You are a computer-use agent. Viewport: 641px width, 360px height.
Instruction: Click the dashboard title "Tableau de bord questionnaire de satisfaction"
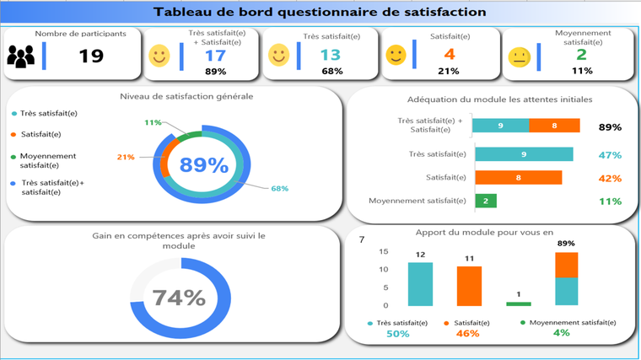coord(320,12)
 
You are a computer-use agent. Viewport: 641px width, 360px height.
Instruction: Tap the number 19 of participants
coord(91,56)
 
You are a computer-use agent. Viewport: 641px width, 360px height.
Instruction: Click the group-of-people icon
coord(21,56)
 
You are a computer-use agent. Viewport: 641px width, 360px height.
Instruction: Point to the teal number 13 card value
coord(331,56)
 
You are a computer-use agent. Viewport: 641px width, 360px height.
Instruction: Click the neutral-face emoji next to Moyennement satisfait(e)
coord(520,56)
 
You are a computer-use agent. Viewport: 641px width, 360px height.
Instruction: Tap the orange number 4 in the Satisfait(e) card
coord(450,56)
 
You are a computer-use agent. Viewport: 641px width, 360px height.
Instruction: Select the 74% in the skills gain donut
coord(179,298)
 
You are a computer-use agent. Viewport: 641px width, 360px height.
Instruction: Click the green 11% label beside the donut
coord(153,123)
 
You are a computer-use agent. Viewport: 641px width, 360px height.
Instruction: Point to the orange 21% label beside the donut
coord(126,157)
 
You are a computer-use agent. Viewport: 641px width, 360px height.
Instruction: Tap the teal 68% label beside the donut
coord(279,188)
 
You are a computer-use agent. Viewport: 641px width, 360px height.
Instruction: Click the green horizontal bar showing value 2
coord(485,201)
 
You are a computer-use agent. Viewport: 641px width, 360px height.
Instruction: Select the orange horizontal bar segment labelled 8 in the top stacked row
coord(554,126)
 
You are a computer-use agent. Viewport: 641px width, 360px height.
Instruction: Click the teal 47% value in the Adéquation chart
coord(610,155)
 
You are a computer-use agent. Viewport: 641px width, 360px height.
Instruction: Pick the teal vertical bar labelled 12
coord(420,284)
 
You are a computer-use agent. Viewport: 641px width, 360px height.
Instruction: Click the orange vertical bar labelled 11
coord(469,286)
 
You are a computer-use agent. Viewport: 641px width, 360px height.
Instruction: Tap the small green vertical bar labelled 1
coord(519,304)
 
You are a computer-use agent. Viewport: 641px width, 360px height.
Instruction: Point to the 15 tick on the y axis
coord(384,252)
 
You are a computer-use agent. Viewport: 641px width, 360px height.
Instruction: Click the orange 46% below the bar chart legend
coord(467,334)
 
